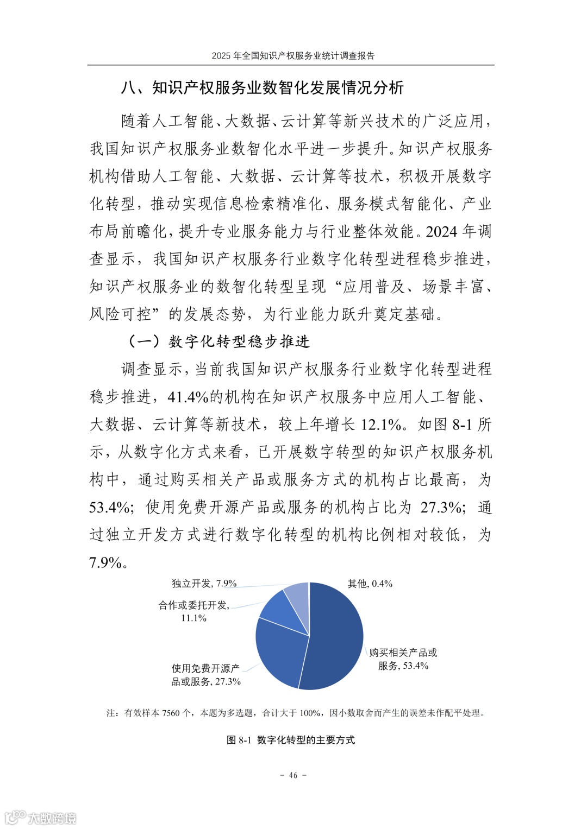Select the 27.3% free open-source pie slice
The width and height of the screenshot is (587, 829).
pyautogui.click(x=277, y=654)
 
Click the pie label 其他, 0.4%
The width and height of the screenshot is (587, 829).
pyautogui.click(x=370, y=584)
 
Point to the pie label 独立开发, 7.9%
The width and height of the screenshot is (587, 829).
pyautogui.click(x=204, y=584)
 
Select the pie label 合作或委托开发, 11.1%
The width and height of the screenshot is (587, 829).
pyautogui.click(x=193, y=611)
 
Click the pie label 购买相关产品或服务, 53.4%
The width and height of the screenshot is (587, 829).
pyautogui.click(x=403, y=659)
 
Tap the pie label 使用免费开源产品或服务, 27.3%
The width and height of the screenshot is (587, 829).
pyautogui.click(x=206, y=675)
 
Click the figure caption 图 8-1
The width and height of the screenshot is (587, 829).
pyautogui.click(x=290, y=740)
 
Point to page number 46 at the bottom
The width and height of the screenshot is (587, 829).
pyautogui.click(x=293, y=775)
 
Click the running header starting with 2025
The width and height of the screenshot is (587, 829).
pyautogui.click(x=293, y=55)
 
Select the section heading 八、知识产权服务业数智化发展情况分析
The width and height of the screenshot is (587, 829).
pyautogui.click(x=263, y=88)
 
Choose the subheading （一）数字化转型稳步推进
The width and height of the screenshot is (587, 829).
pyautogui.click(x=218, y=341)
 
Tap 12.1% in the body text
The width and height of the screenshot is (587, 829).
pyautogui.click(x=382, y=425)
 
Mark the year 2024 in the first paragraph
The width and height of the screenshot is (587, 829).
pyautogui.click(x=441, y=232)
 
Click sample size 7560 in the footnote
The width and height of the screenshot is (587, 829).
pyautogui.click(x=171, y=713)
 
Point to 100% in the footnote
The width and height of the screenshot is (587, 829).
pyautogui.click(x=310, y=713)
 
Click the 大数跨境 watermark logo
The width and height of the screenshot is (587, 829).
pyautogui.click(x=41, y=817)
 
